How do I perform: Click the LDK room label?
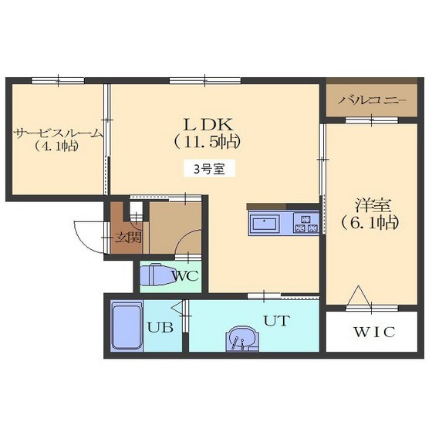208,124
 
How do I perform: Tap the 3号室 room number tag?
209,169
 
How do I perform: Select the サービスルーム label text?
58,134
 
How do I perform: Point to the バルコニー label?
372,100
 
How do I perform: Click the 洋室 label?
373,205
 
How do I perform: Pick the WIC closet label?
374,332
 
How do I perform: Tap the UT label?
277,321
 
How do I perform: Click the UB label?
160,327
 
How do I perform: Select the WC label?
185,276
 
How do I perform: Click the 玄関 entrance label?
128,238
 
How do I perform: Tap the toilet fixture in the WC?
157,275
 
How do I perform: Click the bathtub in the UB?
127,326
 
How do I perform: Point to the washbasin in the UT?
242,339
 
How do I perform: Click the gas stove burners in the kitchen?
305,224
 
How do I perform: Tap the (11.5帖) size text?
208,142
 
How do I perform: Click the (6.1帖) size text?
370,223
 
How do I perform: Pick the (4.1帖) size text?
56,146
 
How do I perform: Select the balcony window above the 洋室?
372,120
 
